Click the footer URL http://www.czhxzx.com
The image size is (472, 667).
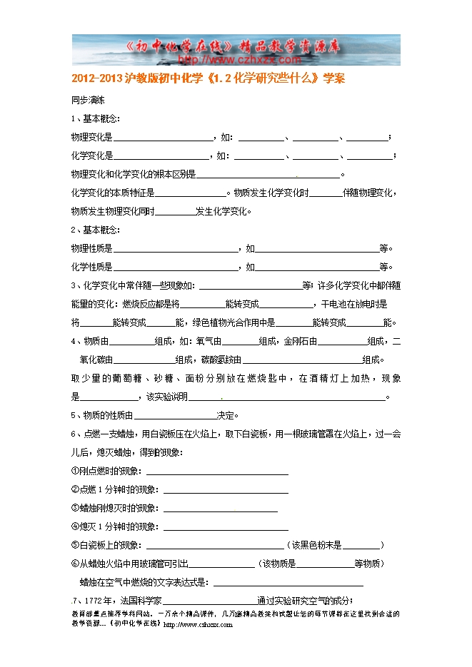[x=199, y=624]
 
